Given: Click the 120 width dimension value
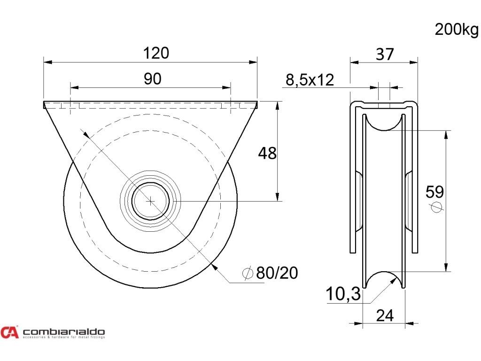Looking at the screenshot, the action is click(x=156, y=53).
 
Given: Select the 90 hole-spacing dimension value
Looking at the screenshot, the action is click(x=152, y=79).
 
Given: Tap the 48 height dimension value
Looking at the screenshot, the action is click(x=268, y=153).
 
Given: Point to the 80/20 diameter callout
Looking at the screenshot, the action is click(x=277, y=273).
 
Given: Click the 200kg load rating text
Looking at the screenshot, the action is click(x=456, y=30).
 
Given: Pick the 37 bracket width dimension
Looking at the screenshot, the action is click(x=385, y=55).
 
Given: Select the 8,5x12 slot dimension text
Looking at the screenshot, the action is click(x=310, y=80).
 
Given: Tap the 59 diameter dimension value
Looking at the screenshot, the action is click(x=434, y=192).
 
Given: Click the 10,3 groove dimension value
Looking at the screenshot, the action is click(x=343, y=295).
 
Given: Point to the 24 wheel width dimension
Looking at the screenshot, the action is click(x=385, y=316).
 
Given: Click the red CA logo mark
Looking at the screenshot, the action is click(x=9, y=332).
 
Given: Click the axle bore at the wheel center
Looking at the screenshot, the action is click(x=150, y=201).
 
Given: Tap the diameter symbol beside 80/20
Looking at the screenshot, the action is click(x=247, y=273).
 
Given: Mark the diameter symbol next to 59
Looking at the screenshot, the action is click(x=436, y=207).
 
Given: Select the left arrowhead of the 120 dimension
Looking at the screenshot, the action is click(x=46, y=62).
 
